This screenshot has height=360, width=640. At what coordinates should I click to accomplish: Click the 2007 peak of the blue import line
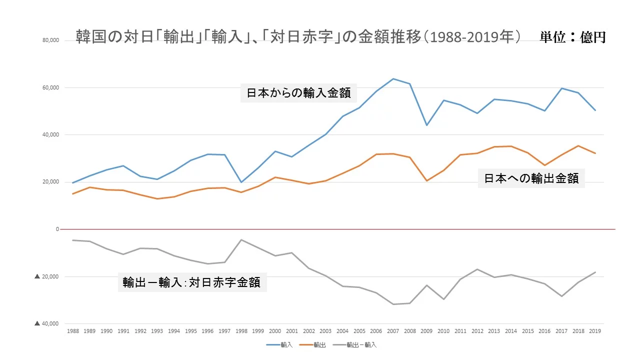393,78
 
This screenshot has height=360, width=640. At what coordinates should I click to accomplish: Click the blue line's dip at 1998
241,182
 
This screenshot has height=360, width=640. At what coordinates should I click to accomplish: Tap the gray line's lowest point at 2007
393,304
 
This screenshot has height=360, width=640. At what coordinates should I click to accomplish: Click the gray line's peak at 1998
241,239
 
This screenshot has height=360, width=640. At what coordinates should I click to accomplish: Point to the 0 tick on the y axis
57,229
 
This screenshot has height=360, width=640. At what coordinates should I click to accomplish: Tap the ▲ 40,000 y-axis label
47,323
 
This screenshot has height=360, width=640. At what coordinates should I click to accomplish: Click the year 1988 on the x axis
72,331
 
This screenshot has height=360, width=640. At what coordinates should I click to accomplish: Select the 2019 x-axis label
595,331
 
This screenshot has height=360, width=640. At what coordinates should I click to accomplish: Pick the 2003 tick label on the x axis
325,331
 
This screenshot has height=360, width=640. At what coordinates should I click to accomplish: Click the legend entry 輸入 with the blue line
280,345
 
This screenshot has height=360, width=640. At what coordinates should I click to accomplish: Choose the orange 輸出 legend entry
313,345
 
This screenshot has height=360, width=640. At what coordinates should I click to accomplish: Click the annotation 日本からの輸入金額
298,92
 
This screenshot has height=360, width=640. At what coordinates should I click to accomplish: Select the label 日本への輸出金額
531,178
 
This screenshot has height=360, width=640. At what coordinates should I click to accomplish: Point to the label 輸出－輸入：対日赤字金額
191,282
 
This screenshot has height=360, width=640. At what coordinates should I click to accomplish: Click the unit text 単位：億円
572,37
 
